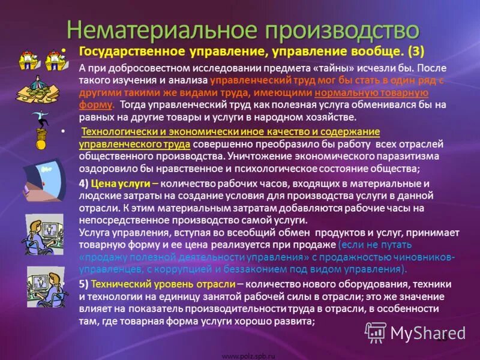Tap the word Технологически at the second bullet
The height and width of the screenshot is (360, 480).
pyautogui.click(x=118, y=132)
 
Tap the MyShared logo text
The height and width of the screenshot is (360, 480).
pyautogui.click(x=428, y=332)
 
